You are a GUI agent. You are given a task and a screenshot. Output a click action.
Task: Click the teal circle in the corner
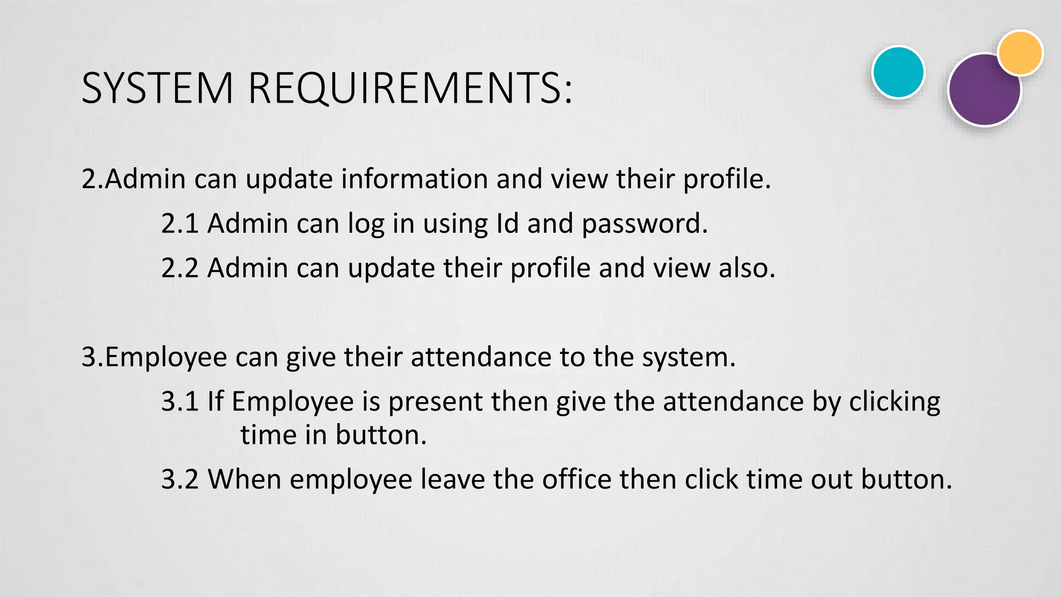tap(898, 72)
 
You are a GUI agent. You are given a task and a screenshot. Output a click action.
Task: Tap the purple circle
tap(983, 92)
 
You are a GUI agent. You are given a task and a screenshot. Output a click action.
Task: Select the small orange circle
tap(1020, 53)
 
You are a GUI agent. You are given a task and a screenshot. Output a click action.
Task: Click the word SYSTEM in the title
tap(157, 88)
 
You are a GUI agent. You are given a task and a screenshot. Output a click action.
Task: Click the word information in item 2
tap(414, 179)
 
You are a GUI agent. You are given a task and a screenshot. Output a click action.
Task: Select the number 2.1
tap(180, 223)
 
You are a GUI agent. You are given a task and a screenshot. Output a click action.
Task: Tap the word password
tap(644, 224)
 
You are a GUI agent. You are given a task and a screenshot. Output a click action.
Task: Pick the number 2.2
tap(180, 268)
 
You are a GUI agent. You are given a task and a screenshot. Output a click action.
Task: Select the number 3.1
tap(180, 402)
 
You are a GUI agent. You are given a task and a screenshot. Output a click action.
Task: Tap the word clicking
tap(894, 402)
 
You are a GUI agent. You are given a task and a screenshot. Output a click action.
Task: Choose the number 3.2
tap(180, 479)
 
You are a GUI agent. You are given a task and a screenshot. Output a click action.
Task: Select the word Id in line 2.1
tap(507, 223)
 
